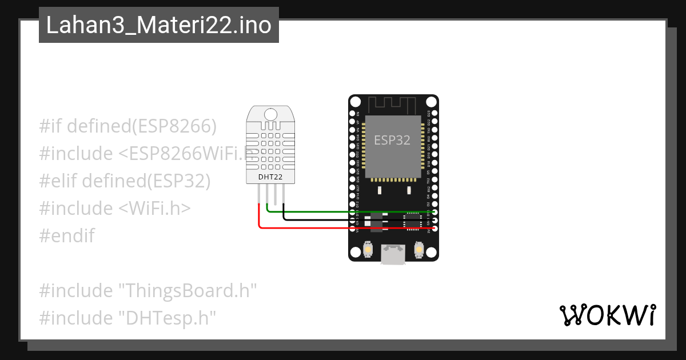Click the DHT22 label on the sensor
[x=270, y=177]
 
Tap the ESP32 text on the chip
[x=392, y=140]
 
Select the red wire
[x=343, y=228]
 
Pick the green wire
[x=343, y=211]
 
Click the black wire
[x=343, y=219]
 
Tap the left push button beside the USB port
[x=368, y=250]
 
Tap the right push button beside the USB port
[x=419, y=250]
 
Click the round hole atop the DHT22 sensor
[x=271, y=114]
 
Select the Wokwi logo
[x=607, y=315]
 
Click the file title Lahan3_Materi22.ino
[x=158, y=25]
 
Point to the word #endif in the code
[x=67, y=235]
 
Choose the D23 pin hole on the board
[x=435, y=113]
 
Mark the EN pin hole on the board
[x=353, y=113]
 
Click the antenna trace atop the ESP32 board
[x=392, y=105]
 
